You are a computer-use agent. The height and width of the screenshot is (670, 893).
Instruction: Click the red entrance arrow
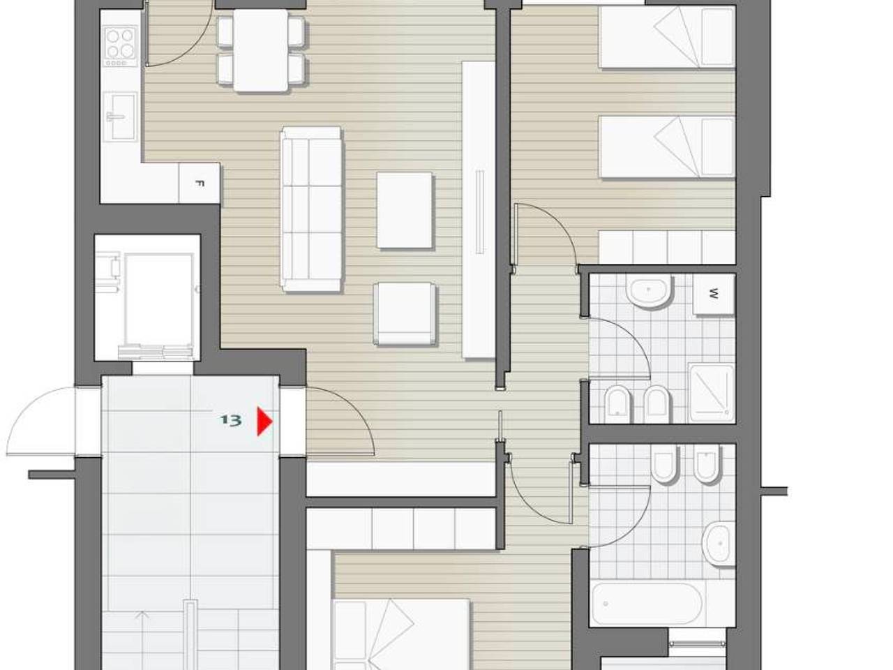pyautogui.click(x=264, y=422)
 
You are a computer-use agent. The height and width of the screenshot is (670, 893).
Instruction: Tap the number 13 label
pyautogui.click(x=231, y=420)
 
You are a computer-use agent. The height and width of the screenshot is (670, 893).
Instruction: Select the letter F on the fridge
pyautogui.click(x=199, y=184)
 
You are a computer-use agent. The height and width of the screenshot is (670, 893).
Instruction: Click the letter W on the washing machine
pyautogui.click(x=714, y=294)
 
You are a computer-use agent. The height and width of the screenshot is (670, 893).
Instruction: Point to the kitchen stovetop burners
pyautogui.click(x=120, y=45)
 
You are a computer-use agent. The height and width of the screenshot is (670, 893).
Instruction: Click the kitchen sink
pyautogui.click(x=119, y=117)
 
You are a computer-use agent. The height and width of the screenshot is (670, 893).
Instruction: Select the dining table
pyautogui.click(x=261, y=50)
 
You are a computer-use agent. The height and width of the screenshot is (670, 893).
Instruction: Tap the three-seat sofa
pyautogui.click(x=311, y=209)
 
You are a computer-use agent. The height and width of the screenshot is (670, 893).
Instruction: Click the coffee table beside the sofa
pyautogui.click(x=404, y=210)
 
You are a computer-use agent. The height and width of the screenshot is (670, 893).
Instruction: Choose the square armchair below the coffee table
pyautogui.click(x=405, y=313)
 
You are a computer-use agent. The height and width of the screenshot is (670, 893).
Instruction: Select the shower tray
pyautogui.click(x=712, y=393)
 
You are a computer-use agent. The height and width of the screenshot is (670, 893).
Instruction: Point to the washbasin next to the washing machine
pyautogui.click(x=649, y=291)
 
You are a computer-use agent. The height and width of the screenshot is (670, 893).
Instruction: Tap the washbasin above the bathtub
pyautogui.click(x=720, y=544)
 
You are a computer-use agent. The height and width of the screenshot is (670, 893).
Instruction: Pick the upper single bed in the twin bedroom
pyautogui.click(x=667, y=37)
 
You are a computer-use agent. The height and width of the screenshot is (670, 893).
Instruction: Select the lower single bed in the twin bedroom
pyautogui.click(x=667, y=147)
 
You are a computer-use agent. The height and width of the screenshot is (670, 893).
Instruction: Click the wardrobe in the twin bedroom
pyautogui.click(x=667, y=247)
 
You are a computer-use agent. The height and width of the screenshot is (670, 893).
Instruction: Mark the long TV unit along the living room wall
pyautogui.click(x=479, y=210)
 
